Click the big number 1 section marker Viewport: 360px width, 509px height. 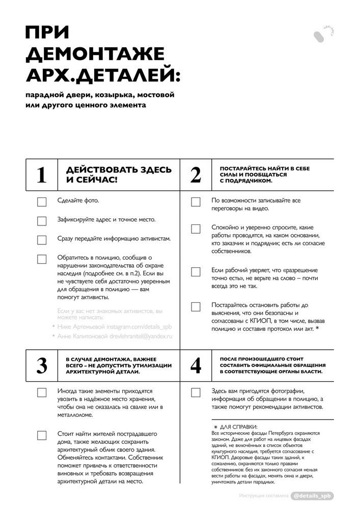[41, 175]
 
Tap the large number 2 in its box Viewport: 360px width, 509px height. [196, 175]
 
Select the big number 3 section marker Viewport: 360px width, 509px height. [41, 365]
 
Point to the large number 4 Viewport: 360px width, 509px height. [196, 365]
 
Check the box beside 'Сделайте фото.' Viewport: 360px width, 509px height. [42, 202]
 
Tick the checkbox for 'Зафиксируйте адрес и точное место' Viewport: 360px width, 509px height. [42, 221]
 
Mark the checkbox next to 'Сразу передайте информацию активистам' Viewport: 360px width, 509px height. [42, 240]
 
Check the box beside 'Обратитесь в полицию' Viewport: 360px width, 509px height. [42, 259]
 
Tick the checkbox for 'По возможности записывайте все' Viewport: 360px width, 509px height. [196, 202]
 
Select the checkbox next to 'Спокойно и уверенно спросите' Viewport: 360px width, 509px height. [196, 229]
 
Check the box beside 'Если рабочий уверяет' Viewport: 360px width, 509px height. [196, 271]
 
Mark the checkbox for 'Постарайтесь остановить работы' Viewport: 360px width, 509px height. [196, 306]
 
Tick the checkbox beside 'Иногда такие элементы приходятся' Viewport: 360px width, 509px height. [42, 392]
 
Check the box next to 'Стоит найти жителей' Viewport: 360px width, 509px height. [42, 435]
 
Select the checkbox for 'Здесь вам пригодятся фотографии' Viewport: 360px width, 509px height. [196, 392]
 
